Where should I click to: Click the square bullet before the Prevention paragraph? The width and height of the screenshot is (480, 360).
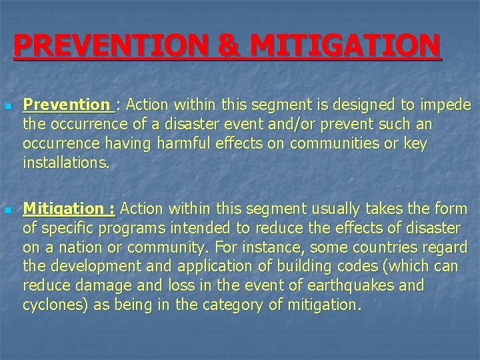[7, 107]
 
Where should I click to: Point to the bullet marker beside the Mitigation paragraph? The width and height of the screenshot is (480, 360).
[7, 211]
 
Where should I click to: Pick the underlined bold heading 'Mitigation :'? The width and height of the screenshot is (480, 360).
[69, 209]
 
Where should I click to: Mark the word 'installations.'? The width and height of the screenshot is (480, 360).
[65, 163]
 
